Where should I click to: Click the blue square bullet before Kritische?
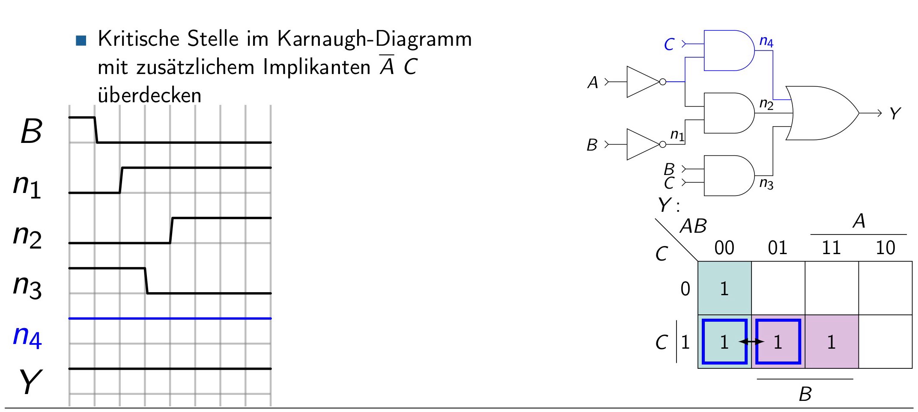tap(81, 41)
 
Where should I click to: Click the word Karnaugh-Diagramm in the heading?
tap(375, 39)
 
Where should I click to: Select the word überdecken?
tap(149, 95)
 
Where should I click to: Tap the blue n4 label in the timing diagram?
tap(27, 337)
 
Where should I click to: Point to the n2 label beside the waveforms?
tap(27, 236)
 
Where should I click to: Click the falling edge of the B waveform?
tap(96, 130)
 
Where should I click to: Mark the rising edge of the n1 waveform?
tap(121, 180)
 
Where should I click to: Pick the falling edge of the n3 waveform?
tap(146, 281)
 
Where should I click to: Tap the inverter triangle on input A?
tap(643, 82)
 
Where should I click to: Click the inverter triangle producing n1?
tap(643, 145)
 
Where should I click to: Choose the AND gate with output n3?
tap(729, 175)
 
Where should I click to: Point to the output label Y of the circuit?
tap(895, 114)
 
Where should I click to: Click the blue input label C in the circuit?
tap(669, 44)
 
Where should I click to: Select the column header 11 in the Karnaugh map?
tap(831, 248)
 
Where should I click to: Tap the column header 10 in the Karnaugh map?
tap(885, 248)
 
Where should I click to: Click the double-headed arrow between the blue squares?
tap(751, 341)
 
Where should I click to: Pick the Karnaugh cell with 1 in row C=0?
tap(724, 288)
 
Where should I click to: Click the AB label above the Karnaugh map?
tap(693, 226)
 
